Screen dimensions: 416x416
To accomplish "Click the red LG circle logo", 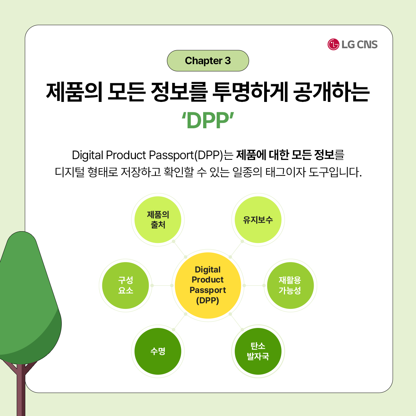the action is (333, 44).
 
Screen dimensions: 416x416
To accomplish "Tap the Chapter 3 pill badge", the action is (208, 61).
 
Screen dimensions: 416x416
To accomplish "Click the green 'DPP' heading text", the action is (208, 120).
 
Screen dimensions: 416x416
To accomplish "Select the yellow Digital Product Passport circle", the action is (208, 285).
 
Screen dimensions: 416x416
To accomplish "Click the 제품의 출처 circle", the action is (158, 219).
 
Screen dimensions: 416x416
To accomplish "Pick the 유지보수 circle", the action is (258, 219).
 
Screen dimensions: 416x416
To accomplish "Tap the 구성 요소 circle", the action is (125, 285).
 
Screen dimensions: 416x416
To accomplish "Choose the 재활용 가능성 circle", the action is (291, 285).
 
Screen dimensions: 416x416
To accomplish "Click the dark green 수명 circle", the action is (158, 351).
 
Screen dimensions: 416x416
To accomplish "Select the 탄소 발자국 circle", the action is (258, 351).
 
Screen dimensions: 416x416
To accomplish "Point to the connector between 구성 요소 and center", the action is (162, 285).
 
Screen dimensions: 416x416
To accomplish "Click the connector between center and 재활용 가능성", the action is (254, 285).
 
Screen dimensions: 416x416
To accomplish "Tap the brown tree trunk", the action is (21, 389).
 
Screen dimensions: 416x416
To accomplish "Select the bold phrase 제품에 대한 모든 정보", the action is (285, 155).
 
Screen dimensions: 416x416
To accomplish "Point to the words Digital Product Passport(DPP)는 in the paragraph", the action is (153, 155).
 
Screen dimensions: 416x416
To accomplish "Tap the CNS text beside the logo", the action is (367, 44).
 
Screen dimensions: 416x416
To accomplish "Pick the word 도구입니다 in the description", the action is (335, 172).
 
